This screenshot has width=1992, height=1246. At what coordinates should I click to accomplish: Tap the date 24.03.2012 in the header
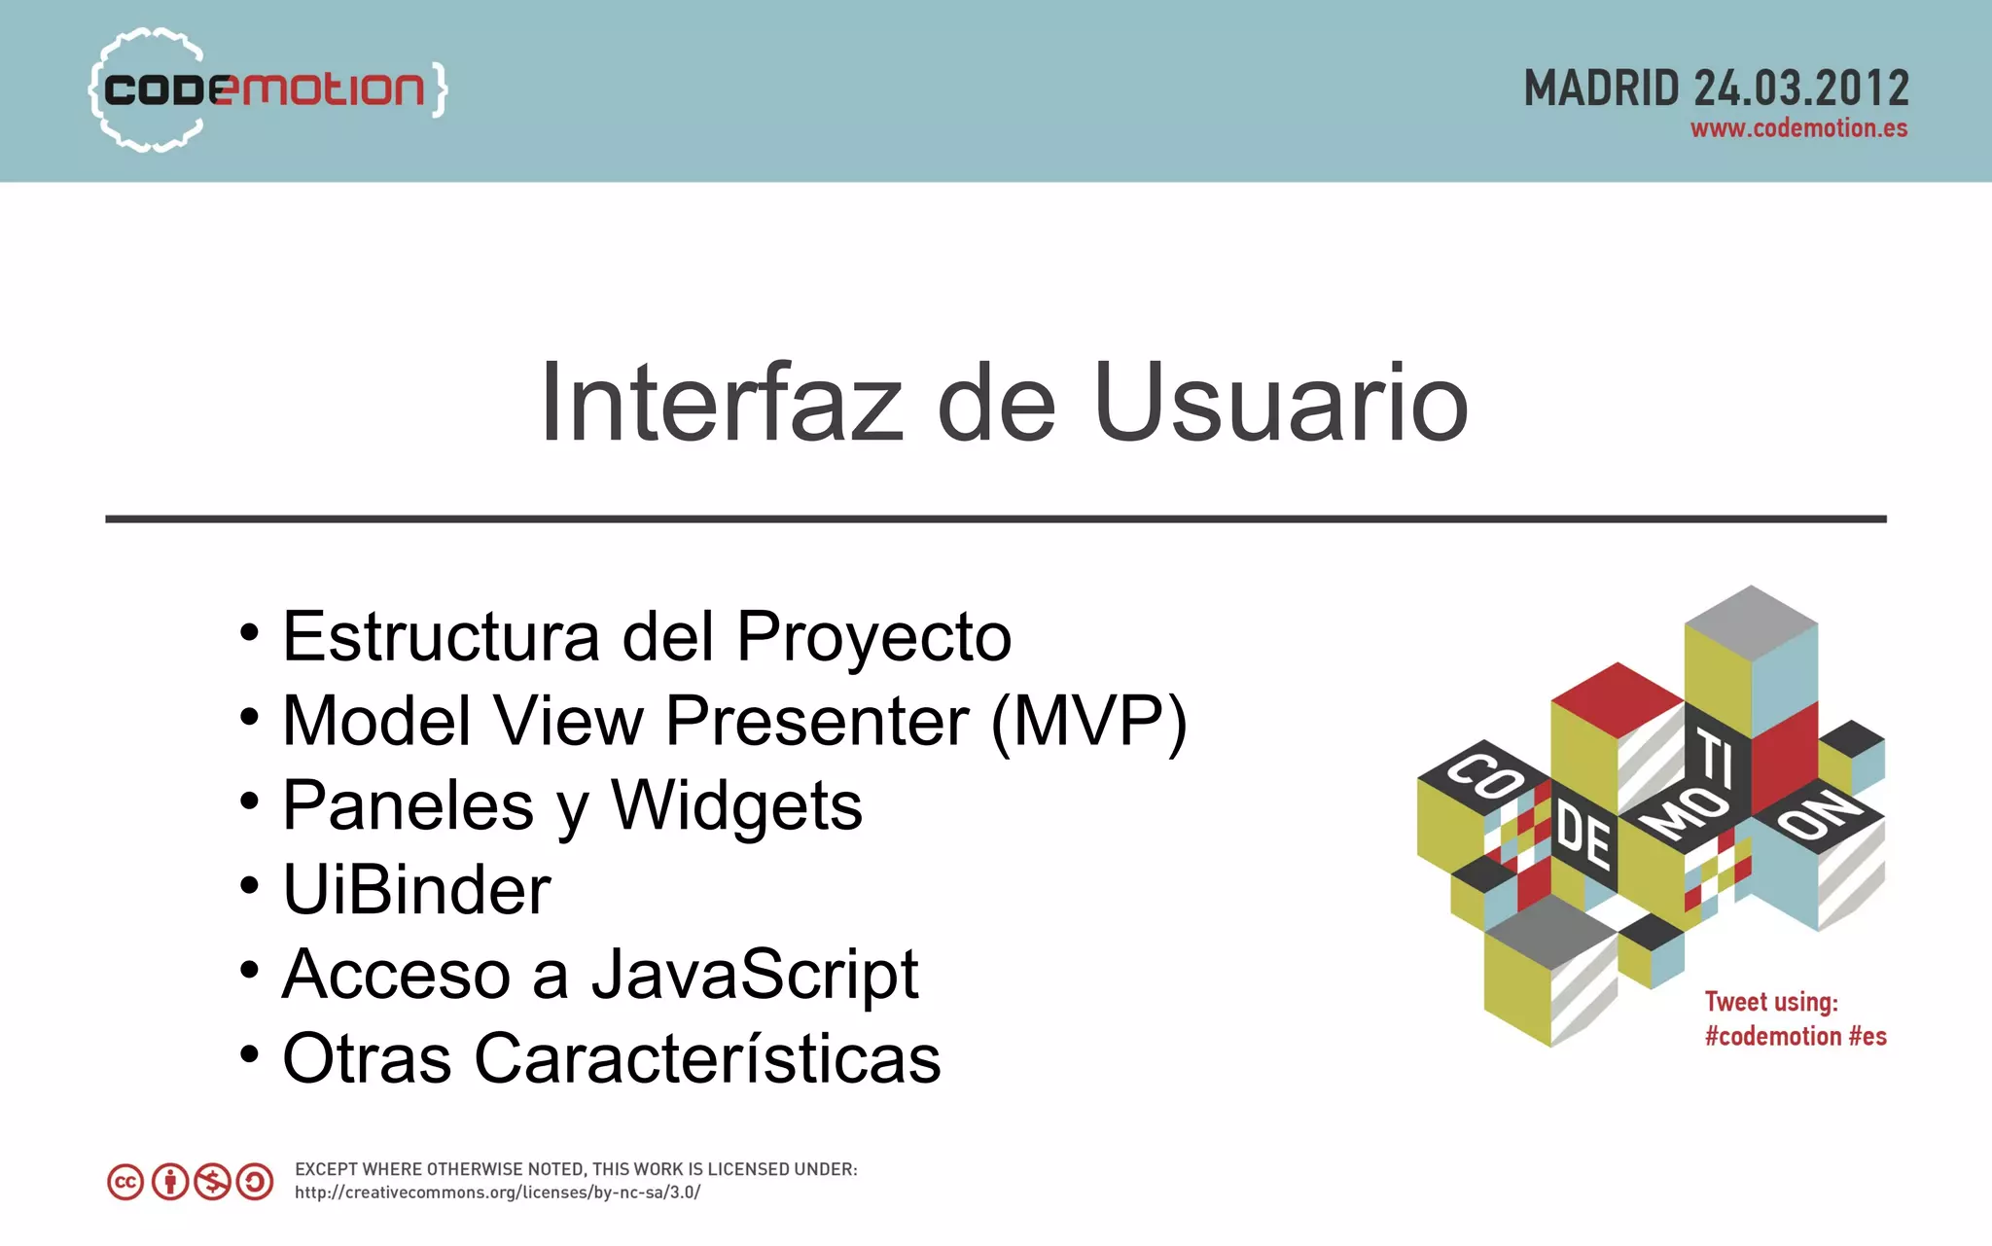[x=1801, y=89]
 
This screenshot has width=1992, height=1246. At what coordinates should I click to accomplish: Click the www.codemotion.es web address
[x=1798, y=128]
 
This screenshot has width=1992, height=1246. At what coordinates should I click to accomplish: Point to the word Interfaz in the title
[x=721, y=403]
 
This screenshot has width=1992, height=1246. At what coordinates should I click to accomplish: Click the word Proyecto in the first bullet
[x=873, y=637]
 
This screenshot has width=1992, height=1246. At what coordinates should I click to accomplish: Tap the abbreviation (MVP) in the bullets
[x=1088, y=722]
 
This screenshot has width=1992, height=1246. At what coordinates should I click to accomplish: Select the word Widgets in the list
[x=736, y=806]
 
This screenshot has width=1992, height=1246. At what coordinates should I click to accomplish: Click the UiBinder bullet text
[x=416, y=890]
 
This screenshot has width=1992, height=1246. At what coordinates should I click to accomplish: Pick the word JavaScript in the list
[x=755, y=975]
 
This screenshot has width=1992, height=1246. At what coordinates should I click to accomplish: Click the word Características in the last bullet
[x=707, y=1059]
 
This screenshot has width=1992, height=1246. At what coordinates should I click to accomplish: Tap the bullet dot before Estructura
[x=250, y=633]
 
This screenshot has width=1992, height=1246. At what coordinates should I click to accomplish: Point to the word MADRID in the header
[x=1601, y=89]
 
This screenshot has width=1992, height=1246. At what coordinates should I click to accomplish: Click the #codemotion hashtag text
[x=1772, y=1037]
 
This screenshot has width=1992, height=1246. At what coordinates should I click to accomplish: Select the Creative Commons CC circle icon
[x=125, y=1182]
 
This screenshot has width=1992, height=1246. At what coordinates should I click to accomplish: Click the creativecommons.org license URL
[x=497, y=1193]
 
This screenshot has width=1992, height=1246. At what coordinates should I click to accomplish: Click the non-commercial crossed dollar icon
[x=212, y=1182]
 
